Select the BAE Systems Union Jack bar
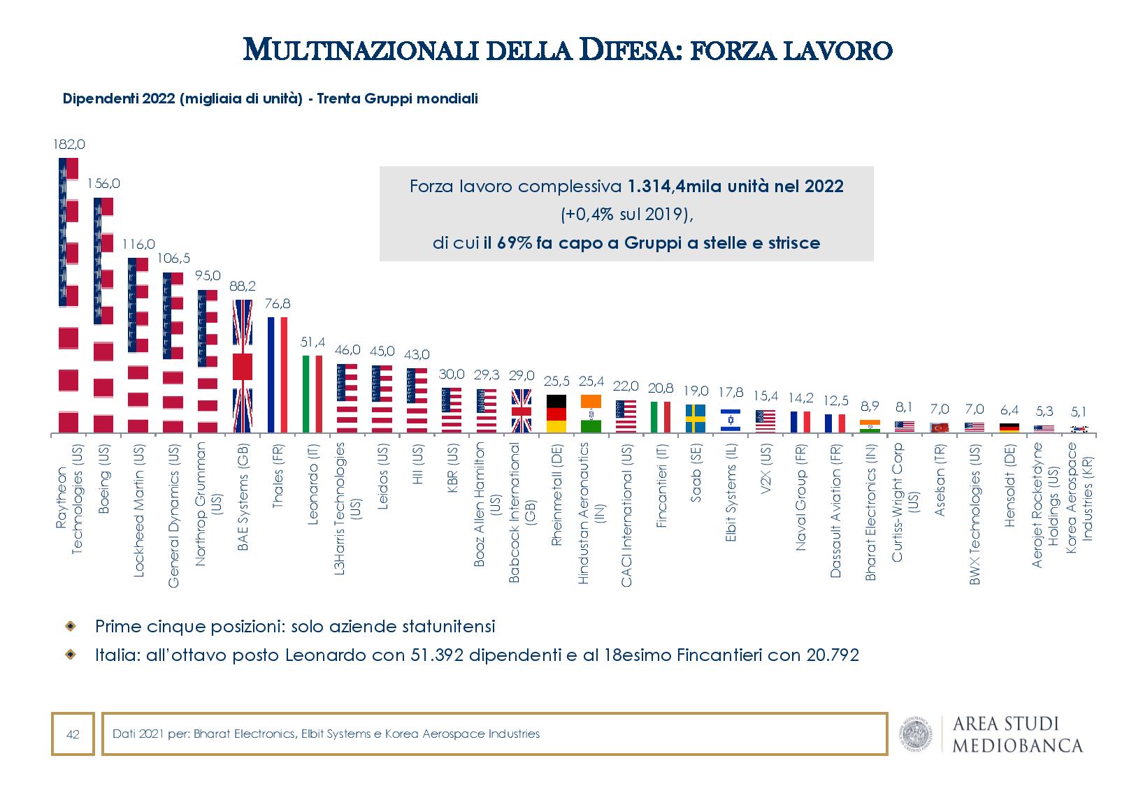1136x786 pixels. (x=243, y=366)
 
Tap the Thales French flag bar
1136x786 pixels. (x=278, y=374)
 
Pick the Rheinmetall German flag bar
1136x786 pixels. (x=556, y=414)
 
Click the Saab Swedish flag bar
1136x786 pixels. (x=696, y=418)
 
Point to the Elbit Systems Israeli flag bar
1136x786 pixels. (x=731, y=420)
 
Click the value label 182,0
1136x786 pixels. (x=69, y=145)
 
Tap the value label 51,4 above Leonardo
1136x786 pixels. (x=312, y=342)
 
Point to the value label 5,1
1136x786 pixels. (x=1079, y=412)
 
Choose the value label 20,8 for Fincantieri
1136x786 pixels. (x=661, y=388)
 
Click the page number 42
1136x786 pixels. (x=72, y=734)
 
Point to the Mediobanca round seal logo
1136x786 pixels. (x=915, y=734)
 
